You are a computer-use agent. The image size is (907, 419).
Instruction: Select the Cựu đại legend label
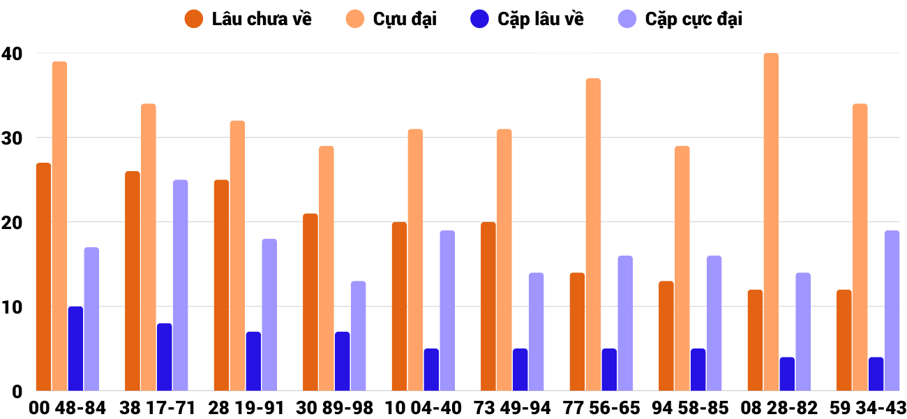[405, 19]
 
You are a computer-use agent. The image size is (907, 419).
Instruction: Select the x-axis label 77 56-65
[601, 408]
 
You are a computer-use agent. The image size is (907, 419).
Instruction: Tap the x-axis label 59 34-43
[868, 408]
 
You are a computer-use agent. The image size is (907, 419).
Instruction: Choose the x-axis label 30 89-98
[334, 408]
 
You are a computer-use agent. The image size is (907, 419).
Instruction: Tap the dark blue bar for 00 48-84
[75, 348]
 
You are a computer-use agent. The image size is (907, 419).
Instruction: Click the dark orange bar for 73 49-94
[488, 307]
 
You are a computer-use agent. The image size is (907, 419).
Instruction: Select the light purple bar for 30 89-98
[358, 336]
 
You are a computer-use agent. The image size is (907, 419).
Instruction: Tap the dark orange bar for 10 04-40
[399, 307]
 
